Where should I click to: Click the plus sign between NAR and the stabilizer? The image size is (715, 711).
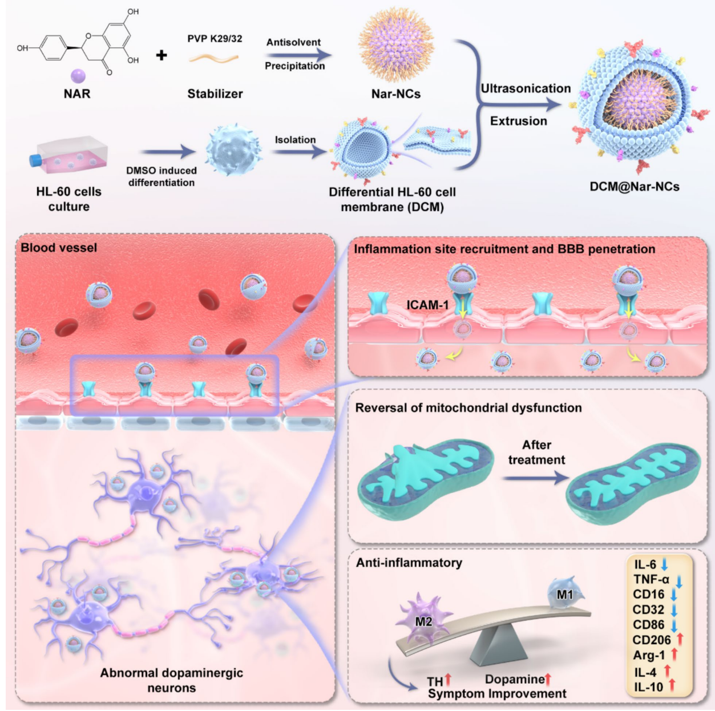click(x=161, y=55)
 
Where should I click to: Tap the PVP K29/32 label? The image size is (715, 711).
click(x=215, y=39)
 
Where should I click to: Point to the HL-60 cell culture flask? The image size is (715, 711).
click(x=69, y=155)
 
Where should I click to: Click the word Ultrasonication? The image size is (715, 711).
click(x=526, y=88)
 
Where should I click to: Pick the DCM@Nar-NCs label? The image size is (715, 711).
click(x=635, y=187)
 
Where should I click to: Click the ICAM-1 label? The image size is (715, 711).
click(x=427, y=305)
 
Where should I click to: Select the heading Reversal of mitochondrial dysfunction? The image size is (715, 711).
click(x=468, y=408)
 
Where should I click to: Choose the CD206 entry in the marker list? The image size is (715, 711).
click(x=652, y=640)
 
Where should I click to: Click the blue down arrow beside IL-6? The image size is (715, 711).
click(x=665, y=565)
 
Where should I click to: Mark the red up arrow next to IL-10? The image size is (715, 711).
click(x=672, y=686)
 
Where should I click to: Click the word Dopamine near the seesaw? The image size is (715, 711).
click(x=515, y=679)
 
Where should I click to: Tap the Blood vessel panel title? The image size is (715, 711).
click(x=59, y=248)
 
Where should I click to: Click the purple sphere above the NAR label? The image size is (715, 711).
click(x=78, y=75)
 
